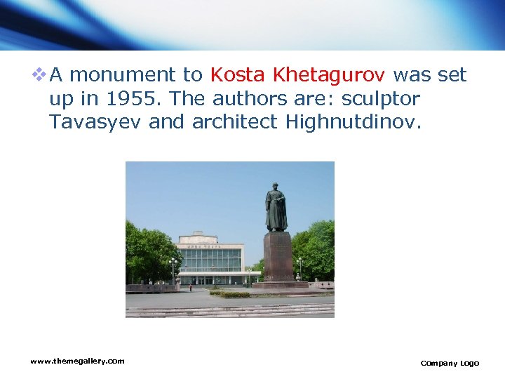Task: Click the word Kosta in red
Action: coord(238,74)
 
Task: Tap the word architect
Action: coord(236,122)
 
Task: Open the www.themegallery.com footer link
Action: coord(77,361)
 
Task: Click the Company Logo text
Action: coord(450,363)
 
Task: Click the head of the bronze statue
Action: coord(276,187)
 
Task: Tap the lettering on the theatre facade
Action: coord(208,246)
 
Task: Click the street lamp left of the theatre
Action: coord(173,268)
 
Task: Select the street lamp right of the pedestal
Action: coord(300,267)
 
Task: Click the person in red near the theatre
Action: coord(190,286)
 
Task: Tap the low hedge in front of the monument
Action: coord(235,294)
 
